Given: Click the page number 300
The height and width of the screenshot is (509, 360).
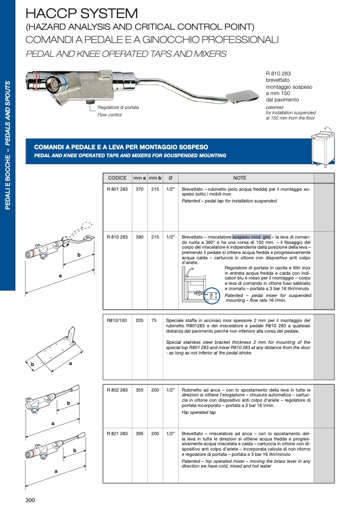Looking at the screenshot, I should point(30,499).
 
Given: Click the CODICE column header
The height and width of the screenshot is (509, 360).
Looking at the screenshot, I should point(117,178).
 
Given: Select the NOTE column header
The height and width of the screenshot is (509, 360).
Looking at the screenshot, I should point(239,178).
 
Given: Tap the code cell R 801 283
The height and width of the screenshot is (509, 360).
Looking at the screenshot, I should point(117,189).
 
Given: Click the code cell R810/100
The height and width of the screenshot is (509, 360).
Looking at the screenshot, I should point(115,320).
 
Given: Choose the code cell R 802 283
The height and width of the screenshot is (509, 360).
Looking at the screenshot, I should point(117,389).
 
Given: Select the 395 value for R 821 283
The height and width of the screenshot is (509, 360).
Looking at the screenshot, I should point(140,434).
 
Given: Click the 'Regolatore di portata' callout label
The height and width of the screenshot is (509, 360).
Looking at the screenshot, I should point(118,107).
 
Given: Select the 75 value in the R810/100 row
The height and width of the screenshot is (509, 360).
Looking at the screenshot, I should point(154,320).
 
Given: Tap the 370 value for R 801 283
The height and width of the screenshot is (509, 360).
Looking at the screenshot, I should point(140,189).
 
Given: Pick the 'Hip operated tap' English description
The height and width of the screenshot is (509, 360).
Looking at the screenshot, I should point(199,412).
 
